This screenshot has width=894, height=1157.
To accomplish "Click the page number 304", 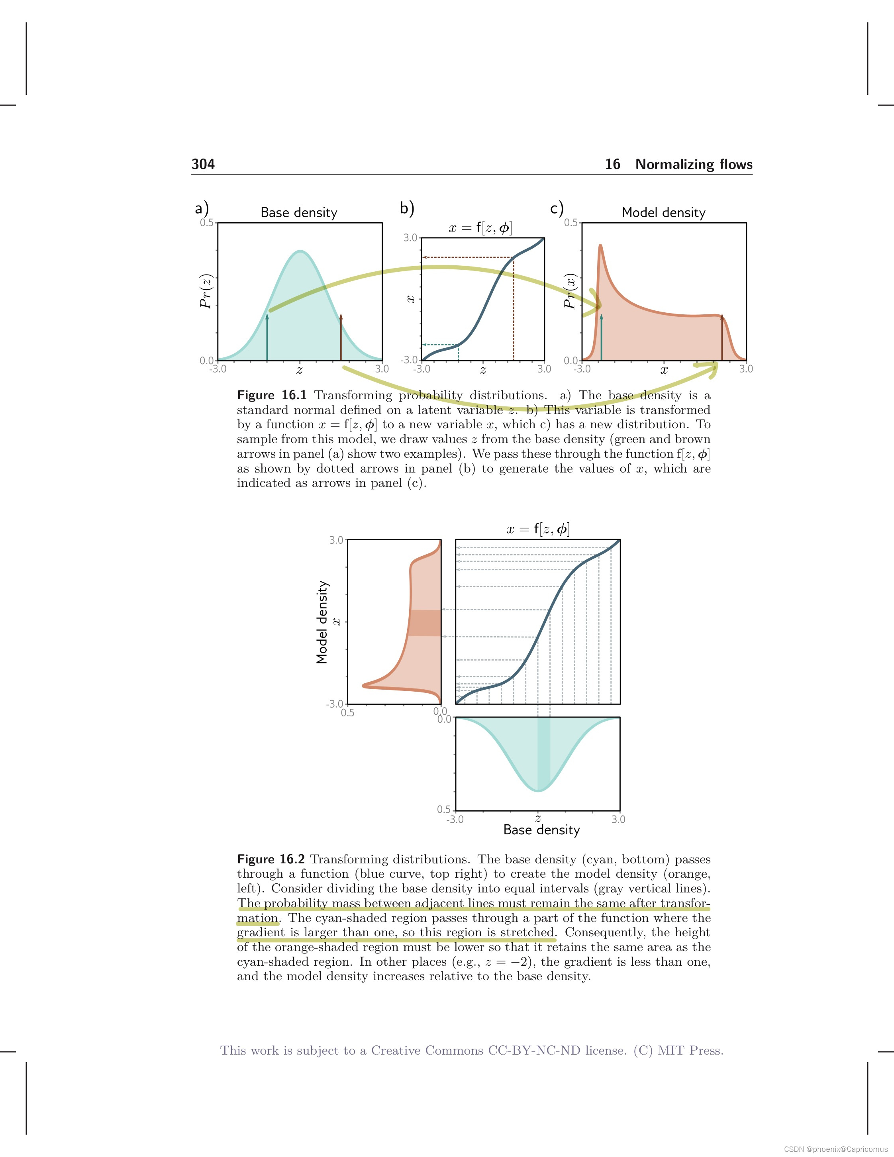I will pos(203,164).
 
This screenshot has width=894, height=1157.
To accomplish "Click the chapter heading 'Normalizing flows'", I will pos(693,164).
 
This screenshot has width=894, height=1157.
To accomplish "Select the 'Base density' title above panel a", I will pos(299,212).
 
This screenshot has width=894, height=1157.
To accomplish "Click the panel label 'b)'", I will pos(407,208).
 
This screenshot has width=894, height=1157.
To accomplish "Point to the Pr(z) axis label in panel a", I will pos(206,291).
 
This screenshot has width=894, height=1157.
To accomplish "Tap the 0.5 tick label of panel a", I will pos(206,222).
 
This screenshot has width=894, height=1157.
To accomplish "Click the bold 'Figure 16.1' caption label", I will pos(272,395).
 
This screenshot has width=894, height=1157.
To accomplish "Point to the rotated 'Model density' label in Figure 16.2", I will pos(322,622).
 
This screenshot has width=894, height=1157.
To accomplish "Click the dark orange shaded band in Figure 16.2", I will pos(425,623).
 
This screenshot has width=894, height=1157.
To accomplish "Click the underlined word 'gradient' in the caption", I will pos(261,932).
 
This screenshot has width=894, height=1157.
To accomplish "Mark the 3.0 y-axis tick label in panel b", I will pos(410,238).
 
